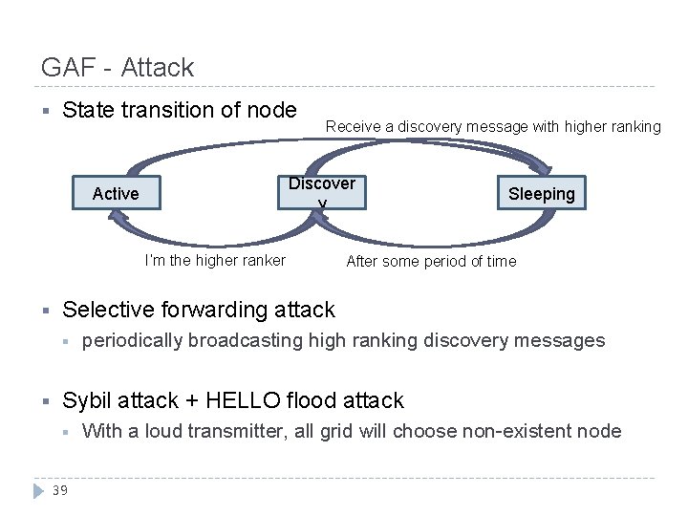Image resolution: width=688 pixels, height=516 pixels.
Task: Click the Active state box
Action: [116, 194]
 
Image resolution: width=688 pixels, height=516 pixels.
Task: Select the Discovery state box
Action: [322, 194]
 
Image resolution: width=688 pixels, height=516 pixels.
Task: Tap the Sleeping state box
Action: [542, 194]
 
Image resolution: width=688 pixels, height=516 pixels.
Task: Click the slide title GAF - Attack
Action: [118, 68]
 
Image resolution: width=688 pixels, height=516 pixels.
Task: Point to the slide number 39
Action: [59, 490]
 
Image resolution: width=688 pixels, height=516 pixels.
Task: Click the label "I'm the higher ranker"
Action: [215, 261]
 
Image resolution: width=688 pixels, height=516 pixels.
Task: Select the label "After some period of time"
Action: [431, 261]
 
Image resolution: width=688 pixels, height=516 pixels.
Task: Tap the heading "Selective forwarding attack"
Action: [199, 310]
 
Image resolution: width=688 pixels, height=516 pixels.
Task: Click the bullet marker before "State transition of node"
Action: [45, 111]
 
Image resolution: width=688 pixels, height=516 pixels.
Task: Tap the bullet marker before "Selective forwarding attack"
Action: [45, 311]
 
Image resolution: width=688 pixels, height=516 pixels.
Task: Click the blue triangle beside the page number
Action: [38, 490]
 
